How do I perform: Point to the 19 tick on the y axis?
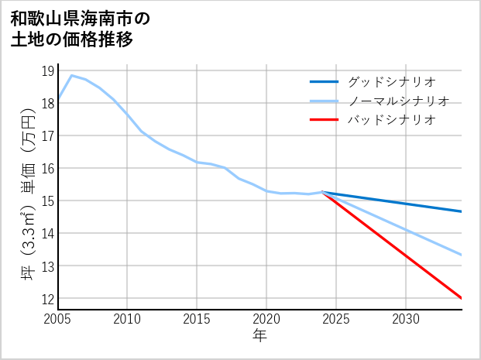click(x=47, y=71)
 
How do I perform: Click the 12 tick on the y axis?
click(x=47, y=299)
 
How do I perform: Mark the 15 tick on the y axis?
click(x=47, y=201)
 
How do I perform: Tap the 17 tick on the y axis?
click(x=47, y=136)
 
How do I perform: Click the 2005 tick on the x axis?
click(x=58, y=319)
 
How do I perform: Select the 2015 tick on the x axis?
click(x=197, y=319)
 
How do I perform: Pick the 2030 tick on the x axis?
click(x=406, y=319)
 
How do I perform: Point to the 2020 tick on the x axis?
click(x=266, y=319)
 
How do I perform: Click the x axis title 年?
click(x=259, y=336)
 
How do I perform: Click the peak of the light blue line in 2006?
click(x=72, y=75)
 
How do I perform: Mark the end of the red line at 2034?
click(x=462, y=298)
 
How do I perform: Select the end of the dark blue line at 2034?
click(x=462, y=211)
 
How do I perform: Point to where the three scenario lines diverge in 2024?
click(x=322, y=192)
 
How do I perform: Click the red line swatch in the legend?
click(x=324, y=120)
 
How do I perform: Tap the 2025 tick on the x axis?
click(x=336, y=319)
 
